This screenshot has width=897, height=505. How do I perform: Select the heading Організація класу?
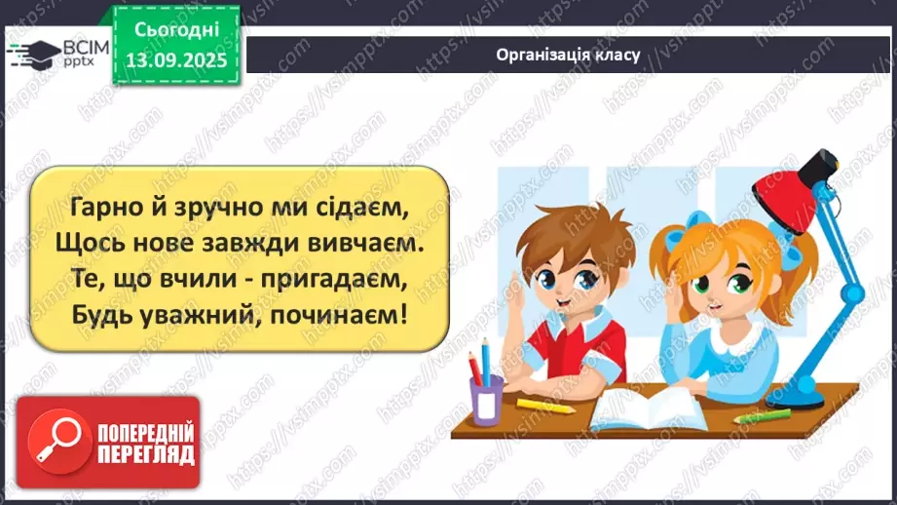[x=567, y=55]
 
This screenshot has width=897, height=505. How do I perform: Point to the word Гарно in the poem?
[x=102, y=205]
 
